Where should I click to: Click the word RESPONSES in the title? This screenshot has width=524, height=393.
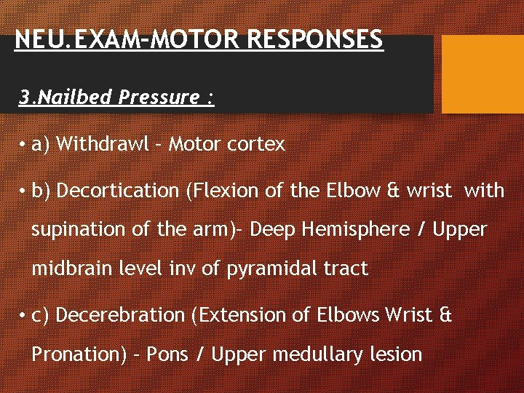point(315,39)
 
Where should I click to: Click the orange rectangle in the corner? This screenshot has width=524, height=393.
point(483,74)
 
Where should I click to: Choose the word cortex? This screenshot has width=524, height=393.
point(255,144)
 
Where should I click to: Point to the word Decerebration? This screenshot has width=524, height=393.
point(120,315)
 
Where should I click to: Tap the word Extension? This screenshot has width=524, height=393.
point(231,315)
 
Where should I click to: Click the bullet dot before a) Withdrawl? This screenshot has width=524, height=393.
point(23,145)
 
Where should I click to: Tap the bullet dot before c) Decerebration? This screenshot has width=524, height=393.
point(23,316)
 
